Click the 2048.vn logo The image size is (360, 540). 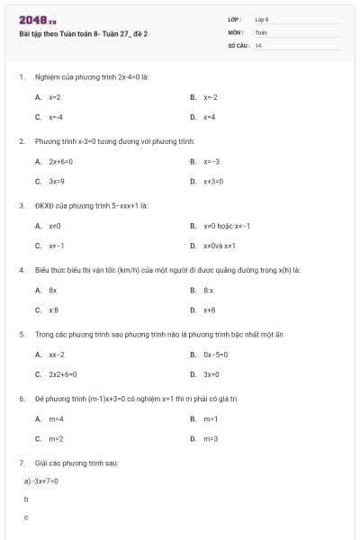coord(37,19)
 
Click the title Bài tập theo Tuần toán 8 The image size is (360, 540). coord(83,33)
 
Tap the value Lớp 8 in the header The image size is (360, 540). coord(262,19)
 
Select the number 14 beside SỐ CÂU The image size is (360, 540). coord(258,45)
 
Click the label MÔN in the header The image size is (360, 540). coord(236,31)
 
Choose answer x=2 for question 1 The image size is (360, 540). coord(55,97)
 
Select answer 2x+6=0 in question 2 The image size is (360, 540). coord(60,162)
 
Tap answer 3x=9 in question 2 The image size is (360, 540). coord(57,182)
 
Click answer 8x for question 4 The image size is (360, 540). coord(53,291)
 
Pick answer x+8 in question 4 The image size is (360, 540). coord(209,310)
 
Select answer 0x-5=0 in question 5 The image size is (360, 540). coord(216,355)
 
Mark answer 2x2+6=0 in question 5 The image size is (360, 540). coord(63,374)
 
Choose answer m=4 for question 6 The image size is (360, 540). coord(56,419)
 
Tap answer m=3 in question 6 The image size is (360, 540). coord(211,439)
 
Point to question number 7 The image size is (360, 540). coord(21,463)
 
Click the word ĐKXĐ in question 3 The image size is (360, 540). coord(45,205)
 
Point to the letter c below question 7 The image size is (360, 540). coord(26,517)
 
